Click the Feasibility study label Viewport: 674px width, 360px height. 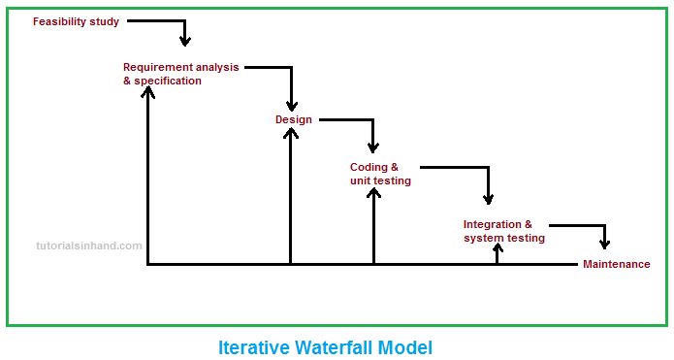(76, 20)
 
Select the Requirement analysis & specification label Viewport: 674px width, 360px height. (180, 74)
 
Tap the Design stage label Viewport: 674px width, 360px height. (294, 119)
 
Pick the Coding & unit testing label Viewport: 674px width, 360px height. (380, 174)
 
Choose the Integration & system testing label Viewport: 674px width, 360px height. (503, 231)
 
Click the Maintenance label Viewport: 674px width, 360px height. (617, 264)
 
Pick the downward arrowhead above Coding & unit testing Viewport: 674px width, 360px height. (372, 146)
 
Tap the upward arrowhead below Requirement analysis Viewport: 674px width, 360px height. (147, 91)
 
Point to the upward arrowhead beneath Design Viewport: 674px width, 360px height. (291, 133)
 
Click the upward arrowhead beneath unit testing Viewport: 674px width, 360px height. (373, 191)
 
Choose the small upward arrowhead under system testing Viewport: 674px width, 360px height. (497, 248)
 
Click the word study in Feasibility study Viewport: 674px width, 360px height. (105, 20)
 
